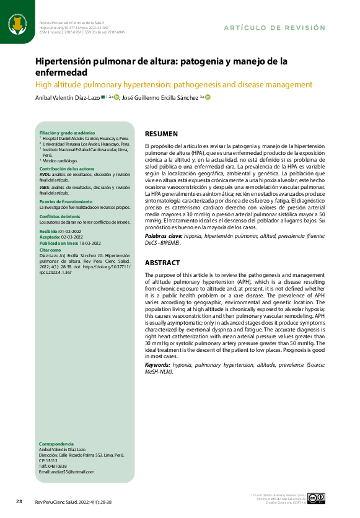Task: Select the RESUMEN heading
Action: [x=161, y=134]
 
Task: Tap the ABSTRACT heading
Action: [x=162, y=263]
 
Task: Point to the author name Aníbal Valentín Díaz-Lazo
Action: [x=66, y=97]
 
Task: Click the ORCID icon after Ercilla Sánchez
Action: [x=208, y=97]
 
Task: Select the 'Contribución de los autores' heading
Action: [x=67, y=169]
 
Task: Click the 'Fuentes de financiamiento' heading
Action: [x=66, y=202]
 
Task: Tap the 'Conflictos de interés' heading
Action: [x=61, y=216]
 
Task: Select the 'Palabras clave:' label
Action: [x=164, y=237]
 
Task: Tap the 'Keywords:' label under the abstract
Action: [x=158, y=366]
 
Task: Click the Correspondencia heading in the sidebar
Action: [x=56, y=444]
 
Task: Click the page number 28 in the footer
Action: [x=19, y=501]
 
